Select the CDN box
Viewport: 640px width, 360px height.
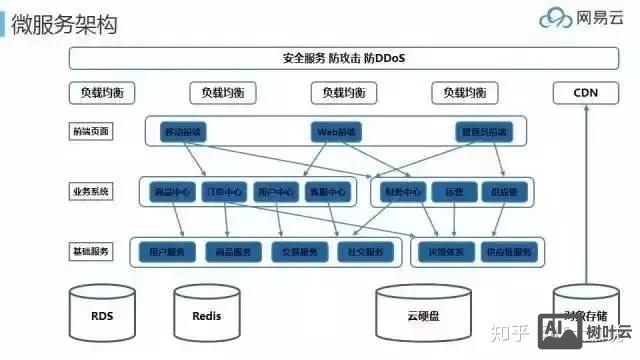[x=586, y=93]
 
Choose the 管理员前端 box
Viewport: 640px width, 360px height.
[x=481, y=132]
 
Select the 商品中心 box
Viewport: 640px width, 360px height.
[x=171, y=191]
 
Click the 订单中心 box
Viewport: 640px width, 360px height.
[x=223, y=191]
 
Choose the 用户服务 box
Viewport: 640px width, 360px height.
[x=166, y=251]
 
